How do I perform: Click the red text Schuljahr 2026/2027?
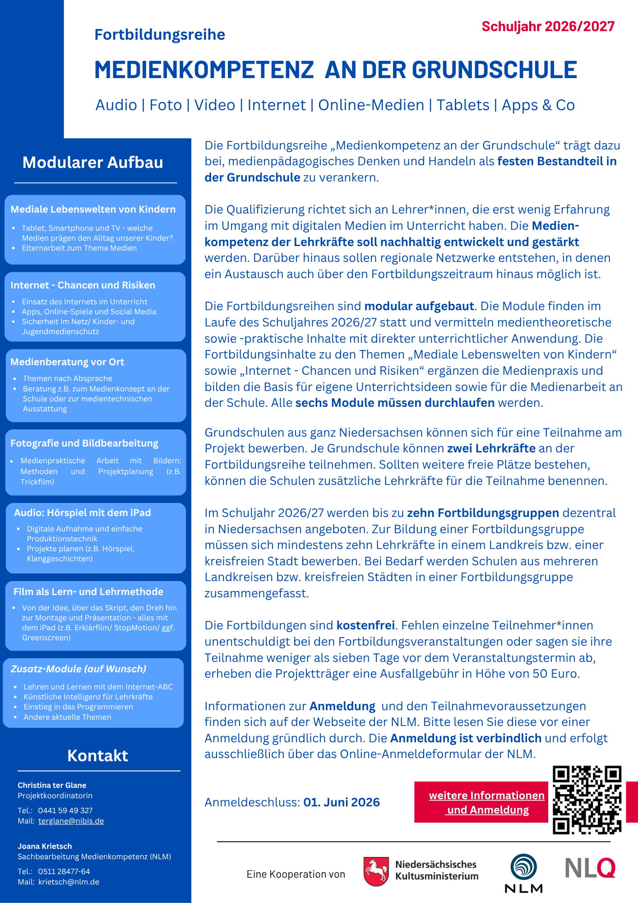(x=548, y=27)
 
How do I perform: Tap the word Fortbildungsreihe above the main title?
(x=160, y=35)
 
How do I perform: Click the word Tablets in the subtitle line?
(x=463, y=105)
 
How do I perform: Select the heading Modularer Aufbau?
(x=93, y=163)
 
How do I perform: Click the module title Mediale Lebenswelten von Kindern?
(x=93, y=209)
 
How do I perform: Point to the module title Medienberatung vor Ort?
(x=67, y=362)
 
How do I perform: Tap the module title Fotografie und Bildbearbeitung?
(x=84, y=443)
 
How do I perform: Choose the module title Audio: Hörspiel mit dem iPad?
(x=82, y=513)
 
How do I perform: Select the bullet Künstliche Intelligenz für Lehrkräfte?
(x=88, y=697)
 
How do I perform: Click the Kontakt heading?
(x=97, y=756)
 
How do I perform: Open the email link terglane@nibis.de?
(x=71, y=821)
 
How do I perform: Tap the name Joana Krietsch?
(x=45, y=846)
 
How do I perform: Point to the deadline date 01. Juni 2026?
(x=341, y=802)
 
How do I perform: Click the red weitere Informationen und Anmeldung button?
(x=481, y=802)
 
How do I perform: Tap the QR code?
(x=587, y=800)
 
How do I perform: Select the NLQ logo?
(x=590, y=867)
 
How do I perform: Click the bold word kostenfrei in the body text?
(x=365, y=625)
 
